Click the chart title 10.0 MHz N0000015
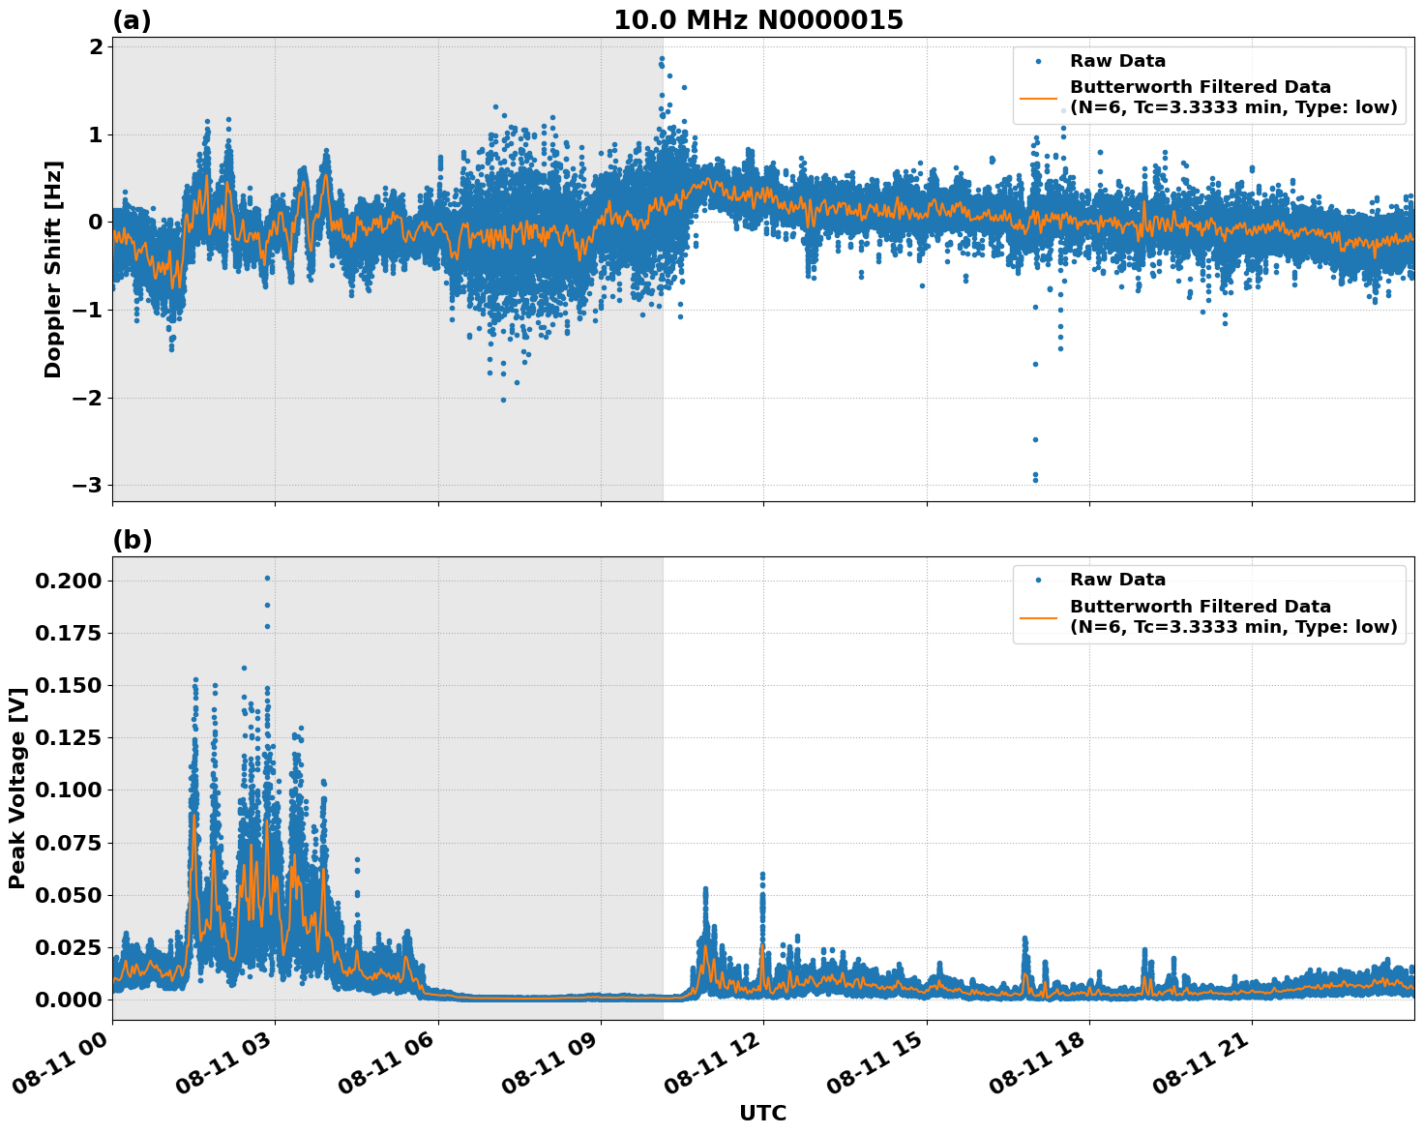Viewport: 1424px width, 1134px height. pyautogui.click(x=757, y=20)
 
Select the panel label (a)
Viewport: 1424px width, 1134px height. pyautogui.click(x=132, y=20)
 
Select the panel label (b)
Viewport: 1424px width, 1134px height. pyautogui.click(x=132, y=540)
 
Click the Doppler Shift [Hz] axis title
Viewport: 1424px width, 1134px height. pyautogui.click(x=53, y=269)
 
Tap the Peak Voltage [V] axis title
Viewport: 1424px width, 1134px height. pyautogui.click(x=16, y=788)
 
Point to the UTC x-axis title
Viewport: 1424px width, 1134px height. pyautogui.click(x=762, y=1113)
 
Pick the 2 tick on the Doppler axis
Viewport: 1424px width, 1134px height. pyautogui.click(x=97, y=46)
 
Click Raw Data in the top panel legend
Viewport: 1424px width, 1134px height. pyautogui.click(x=1117, y=61)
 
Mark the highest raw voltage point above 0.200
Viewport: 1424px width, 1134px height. pyautogui.click(x=267, y=578)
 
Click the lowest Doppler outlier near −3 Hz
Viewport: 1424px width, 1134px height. pyautogui.click(x=1035, y=479)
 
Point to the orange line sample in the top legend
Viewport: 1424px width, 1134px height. pyautogui.click(x=1038, y=98)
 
